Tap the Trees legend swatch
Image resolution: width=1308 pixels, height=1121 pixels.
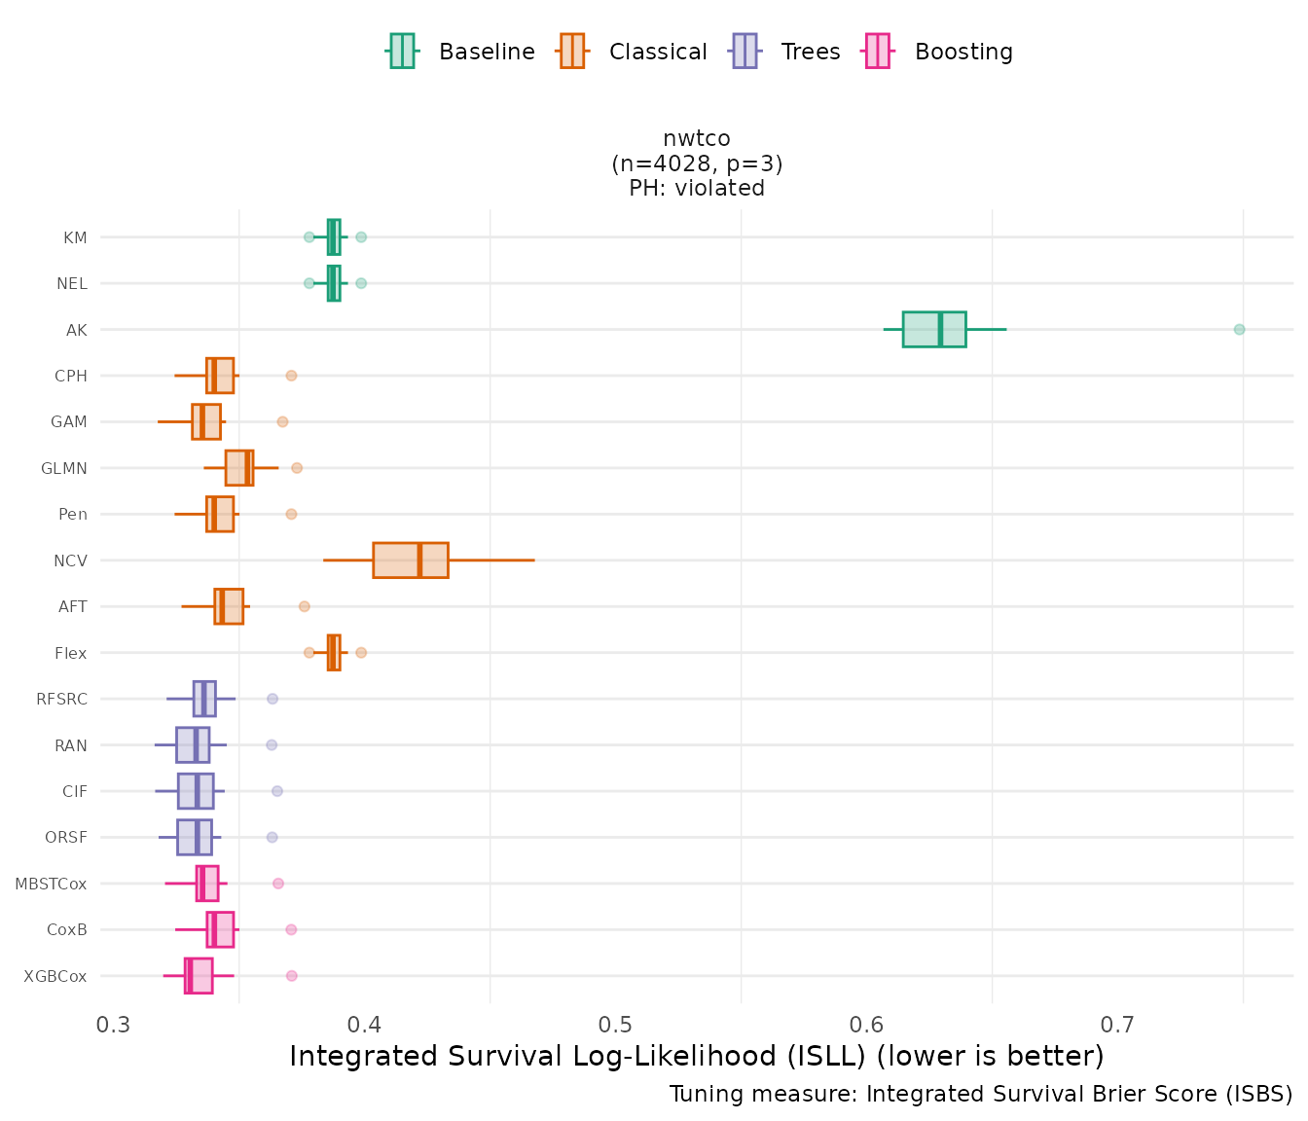point(745,51)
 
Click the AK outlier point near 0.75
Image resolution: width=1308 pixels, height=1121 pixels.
point(1239,329)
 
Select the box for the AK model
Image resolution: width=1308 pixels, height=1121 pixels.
point(934,329)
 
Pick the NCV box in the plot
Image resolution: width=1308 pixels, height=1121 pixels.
point(410,560)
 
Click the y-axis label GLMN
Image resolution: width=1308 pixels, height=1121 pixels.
point(64,468)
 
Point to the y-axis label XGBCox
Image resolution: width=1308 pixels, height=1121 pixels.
point(55,976)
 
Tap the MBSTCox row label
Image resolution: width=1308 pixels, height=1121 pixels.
point(51,884)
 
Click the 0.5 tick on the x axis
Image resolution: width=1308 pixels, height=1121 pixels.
point(616,1025)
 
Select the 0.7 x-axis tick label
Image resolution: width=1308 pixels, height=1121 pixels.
point(1117,1025)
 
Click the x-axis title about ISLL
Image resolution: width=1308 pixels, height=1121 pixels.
point(696,1056)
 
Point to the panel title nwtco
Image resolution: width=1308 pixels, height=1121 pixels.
point(696,138)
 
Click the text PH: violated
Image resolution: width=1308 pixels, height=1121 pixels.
point(696,188)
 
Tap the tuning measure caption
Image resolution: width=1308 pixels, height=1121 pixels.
point(980,1094)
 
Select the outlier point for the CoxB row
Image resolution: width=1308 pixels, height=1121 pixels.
point(291,929)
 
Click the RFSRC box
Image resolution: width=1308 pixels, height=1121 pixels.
point(204,699)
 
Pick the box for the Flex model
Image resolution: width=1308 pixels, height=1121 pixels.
point(334,653)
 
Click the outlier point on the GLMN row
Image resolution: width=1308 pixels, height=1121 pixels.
point(297,468)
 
